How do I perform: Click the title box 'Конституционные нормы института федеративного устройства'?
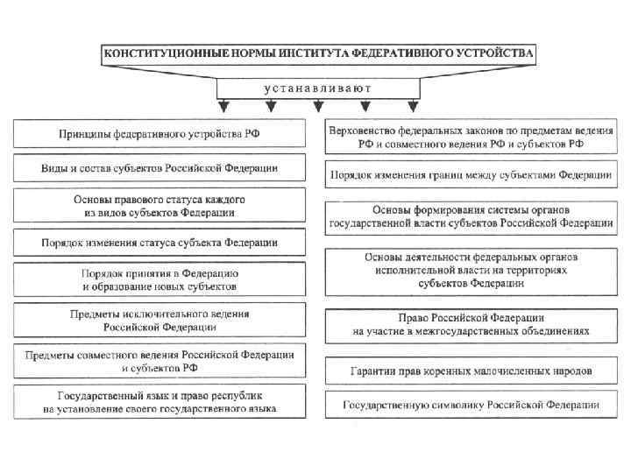click(318, 53)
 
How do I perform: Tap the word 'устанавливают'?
click(319, 88)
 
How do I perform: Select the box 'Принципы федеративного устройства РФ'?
click(160, 133)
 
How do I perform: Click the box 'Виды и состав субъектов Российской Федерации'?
click(160, 167)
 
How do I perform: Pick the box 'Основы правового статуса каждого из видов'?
click(160, 206)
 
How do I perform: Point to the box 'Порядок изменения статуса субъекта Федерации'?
click(160, 243)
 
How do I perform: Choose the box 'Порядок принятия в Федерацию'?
click(160, 279)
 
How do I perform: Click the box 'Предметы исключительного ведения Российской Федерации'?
click(160, 320)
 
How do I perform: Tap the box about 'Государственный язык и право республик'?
click(160, 401)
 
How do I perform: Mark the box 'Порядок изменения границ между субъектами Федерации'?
click(471, 175)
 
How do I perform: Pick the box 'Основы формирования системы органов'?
click(471, 216)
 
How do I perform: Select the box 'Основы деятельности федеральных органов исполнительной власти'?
click(471, 271)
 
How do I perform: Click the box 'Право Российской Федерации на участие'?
click(471, 325)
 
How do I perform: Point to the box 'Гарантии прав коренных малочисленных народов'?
click(471, 371)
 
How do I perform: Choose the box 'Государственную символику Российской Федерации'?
click(471, 406)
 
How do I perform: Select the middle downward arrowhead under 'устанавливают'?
click(318, 108)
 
